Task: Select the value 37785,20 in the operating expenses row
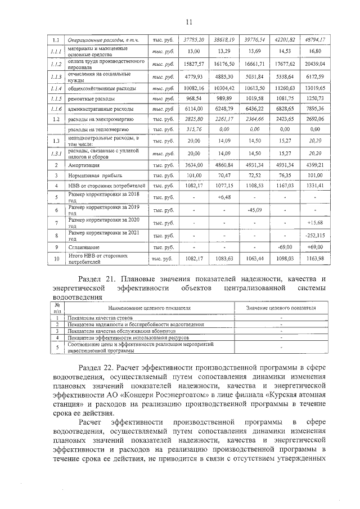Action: (x=194, y=40)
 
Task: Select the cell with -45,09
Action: (x=255, y=210)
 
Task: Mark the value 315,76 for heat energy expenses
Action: (x=194, y=129)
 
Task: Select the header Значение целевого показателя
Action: (x=281, y=308)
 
